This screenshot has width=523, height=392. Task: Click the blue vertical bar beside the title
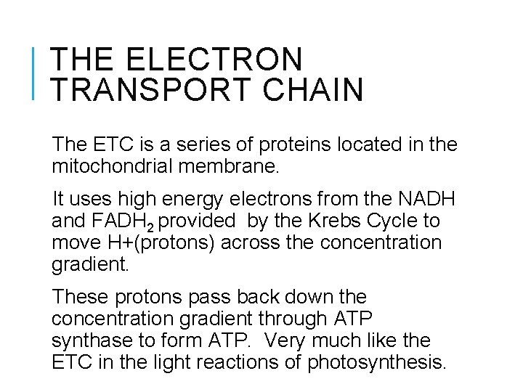click(36, 72)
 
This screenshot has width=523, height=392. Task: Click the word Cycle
click(394, 221)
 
